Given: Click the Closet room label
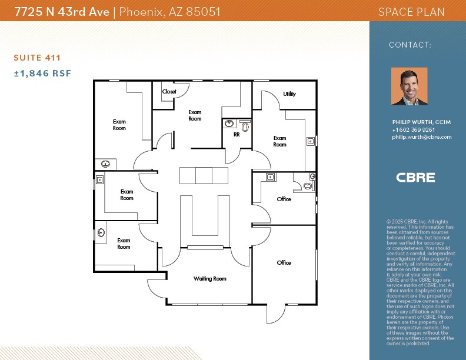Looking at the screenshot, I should tap(169, 92).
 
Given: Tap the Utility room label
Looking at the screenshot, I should tap(289, 94).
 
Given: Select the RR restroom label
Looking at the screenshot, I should tap(237, 135).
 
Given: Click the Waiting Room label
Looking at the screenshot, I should tap(209, 279).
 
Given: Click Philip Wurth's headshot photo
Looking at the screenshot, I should tap(409, 86).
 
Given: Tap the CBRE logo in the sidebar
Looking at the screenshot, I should tap(415, 177).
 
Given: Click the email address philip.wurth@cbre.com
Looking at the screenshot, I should tap(421, 137).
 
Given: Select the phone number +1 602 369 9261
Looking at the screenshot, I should tap(414, 130).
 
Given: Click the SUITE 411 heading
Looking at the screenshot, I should tap(37, 58).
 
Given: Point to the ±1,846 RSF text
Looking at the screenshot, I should tap(42, 74).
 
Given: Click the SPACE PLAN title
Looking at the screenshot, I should tap(411, 12).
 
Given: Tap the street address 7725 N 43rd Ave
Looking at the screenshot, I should tap(62, 12).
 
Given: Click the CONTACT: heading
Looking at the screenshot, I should tap(410, 45).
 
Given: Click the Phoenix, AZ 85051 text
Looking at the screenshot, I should tap(170, 12).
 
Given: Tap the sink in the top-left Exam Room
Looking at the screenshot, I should tap(106, 164).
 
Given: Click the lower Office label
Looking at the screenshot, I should tap(284, 263).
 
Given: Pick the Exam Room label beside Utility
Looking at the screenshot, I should tap(280, 141).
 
